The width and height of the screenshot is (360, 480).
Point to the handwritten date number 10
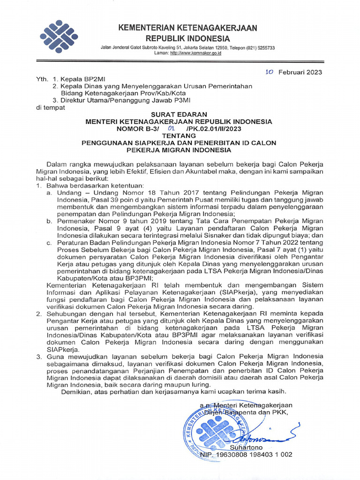pos(269,72)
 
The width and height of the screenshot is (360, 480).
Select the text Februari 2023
pos(300,72)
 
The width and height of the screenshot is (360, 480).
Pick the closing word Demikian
pos(78,391)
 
